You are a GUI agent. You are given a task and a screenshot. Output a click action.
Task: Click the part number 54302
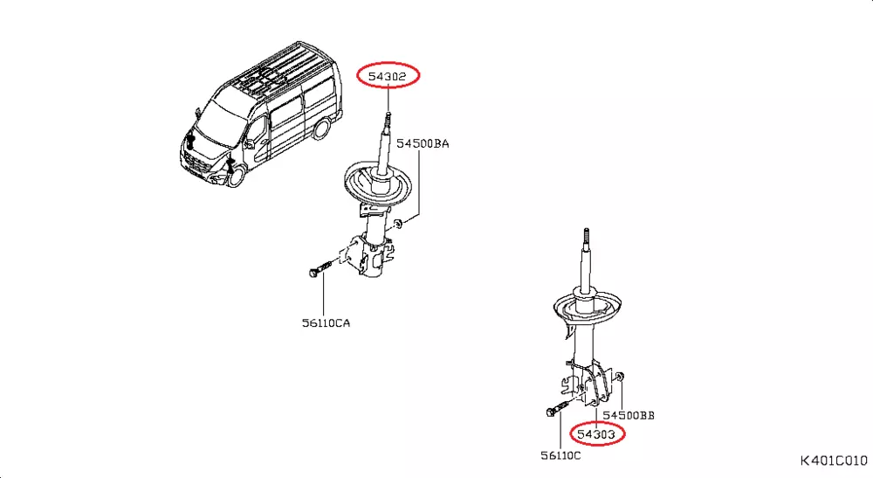pyautogui.click(x=387, y=76)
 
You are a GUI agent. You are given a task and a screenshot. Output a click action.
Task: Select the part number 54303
pyautogui.click(x=596, y=434)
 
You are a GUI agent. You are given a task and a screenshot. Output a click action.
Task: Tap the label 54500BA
pyautogui.click(x=423, y=143)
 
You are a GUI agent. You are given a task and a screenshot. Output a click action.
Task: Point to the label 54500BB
pyautogui.click(x=629, y=416)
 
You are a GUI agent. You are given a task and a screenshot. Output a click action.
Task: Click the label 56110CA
pyautogui.click(x=327, y=323)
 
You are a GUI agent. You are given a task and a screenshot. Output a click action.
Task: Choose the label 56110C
pyautogui.click(x=560, y=455)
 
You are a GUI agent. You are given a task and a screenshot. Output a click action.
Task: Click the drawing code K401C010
pyautogui.click(x=834, y=461)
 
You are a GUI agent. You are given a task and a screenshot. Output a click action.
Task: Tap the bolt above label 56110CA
pyautogui.click(x=320, y=268)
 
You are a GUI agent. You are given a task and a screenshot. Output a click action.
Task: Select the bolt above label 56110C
pyautogui.click(x=558, y=410)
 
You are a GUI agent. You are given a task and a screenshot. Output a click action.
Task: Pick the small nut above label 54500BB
pyautogui.click(x=620, y=377)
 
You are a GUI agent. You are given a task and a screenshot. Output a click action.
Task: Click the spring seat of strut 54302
pyautogui.click(x=378, y=183)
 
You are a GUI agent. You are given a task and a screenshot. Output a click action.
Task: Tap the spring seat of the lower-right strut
pyautogui.click(x=588, y=308)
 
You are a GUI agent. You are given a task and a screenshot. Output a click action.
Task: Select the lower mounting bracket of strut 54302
pyautogui.click(x=368, y=255)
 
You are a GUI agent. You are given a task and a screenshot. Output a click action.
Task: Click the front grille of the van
pyautogui.click(x=198, y=165)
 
